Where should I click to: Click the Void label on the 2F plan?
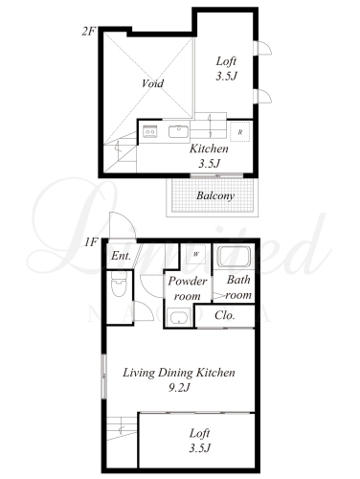tap(152, 83)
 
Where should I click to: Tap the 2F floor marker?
tap(89, 32)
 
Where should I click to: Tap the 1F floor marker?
tap(91, 242)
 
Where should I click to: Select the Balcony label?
tap(215, 195)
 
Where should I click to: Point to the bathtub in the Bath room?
tap(234, 257)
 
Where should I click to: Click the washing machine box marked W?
tap(196, 254)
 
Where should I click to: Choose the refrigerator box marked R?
tap(240, 132)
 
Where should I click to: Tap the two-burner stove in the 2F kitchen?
tap(149, 132)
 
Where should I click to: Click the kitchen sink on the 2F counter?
tap(179, 132)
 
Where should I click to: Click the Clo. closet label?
tap(225, 315)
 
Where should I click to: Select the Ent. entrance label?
tap(121, 256)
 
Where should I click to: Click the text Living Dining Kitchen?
tap(179, 373)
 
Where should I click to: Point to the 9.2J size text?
tap(179, 388)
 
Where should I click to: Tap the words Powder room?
tap(188, 288)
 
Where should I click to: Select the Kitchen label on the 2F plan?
tap(209, 148)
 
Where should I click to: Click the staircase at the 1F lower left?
tap(122, 428)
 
